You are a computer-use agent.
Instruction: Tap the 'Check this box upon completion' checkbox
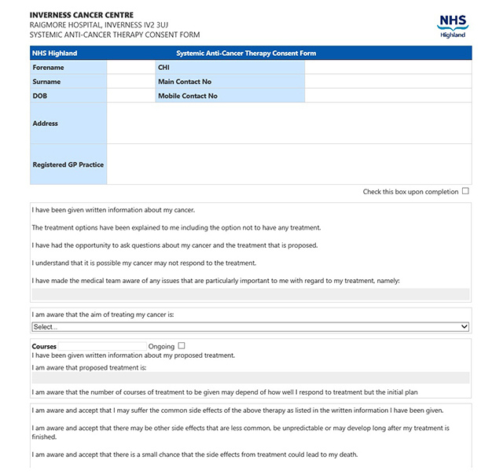[x=465, y=191]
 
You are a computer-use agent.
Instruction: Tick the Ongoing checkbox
[x=182, y=345]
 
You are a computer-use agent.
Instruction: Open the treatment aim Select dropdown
[x=251, y=326]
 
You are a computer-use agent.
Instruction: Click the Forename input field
[x=130, y=68]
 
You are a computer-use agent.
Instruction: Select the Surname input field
[x=130, y=82]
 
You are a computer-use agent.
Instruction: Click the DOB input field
[x=130, y=96]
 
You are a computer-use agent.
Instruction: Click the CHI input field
[x=387, y=68]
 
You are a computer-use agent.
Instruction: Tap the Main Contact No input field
[x=387, y=82]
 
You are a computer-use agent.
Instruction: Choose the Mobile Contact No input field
[x=387, y=96]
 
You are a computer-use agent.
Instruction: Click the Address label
[x=46, y=123]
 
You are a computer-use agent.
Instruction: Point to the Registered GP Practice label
[x=68, y=165]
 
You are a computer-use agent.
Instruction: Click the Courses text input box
[x=102, y=346]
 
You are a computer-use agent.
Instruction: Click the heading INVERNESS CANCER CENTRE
[x=82, y=15]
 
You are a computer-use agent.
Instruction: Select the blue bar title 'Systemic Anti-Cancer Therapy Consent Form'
[x=246, y=53]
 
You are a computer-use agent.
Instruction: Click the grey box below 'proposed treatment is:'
[x=251, y=377]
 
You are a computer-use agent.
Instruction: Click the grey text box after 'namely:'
[x=251, y=294]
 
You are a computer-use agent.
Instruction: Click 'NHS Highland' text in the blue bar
[x=55, y=53]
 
